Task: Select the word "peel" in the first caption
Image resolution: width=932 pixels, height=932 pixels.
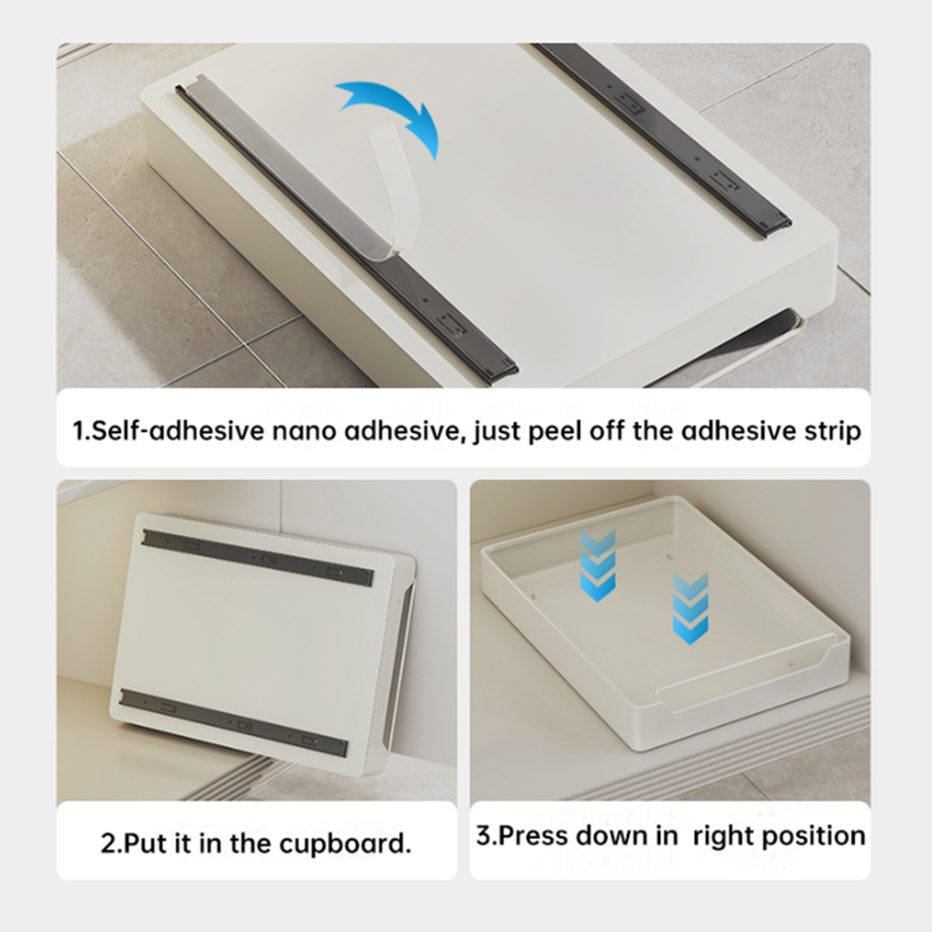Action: pyautogui.click(x=556, y=432)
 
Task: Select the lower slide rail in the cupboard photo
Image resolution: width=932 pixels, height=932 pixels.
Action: pyautogui.click(x=234, y=722)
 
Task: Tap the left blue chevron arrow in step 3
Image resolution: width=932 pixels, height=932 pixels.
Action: pyautogui.click(x=598, y=565)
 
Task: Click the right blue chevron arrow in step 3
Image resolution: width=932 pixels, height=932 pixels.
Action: pyautogui.click(x=690, y=608)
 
